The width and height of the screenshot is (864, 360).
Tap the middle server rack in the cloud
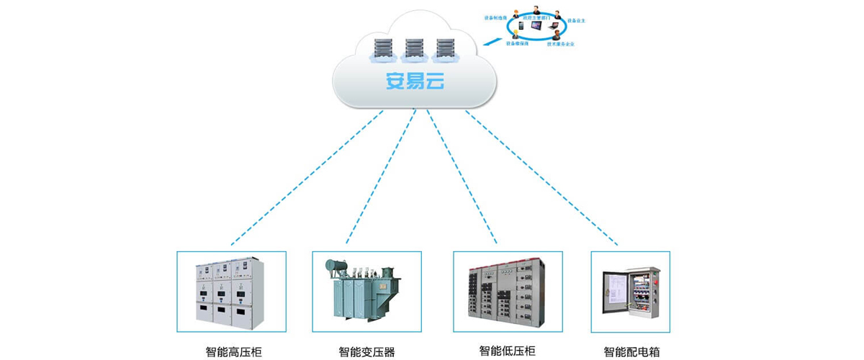[414, 49]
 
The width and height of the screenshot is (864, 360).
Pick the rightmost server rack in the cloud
[446, 49]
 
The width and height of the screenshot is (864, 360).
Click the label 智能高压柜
[233, 352]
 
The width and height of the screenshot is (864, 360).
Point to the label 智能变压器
[366, 352]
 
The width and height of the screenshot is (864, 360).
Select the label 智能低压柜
[508, 351]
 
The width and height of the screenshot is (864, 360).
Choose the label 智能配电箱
[631, 352]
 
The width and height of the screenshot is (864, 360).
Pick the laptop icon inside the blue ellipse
[554, 27]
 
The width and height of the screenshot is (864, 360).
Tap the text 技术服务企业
[560, 44]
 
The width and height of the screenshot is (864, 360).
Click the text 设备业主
[577, 21]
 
